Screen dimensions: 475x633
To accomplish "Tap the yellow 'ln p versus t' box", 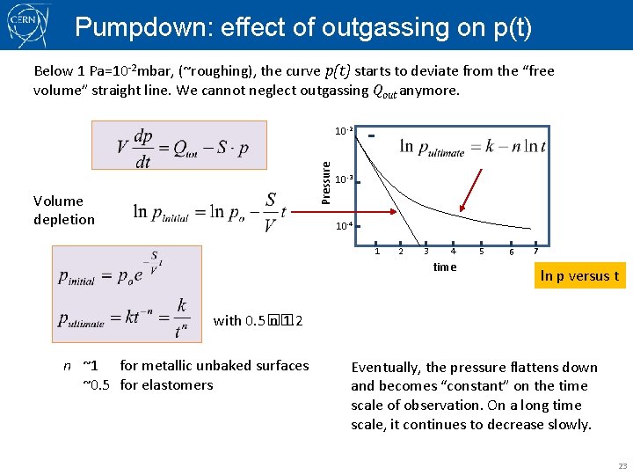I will tap(579, 276).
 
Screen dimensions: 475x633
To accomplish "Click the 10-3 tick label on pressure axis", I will tap(344, 179).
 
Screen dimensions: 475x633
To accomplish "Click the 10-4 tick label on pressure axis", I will tap(344, 226).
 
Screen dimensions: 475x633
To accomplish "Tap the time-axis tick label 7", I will tap(535, 252).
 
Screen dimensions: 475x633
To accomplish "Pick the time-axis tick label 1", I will tap(377, 252).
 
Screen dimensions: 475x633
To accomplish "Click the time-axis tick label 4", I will tap(453, 252).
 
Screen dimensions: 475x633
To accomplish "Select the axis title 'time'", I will tap(445, 267).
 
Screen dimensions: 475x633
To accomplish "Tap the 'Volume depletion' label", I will tap(63, 210).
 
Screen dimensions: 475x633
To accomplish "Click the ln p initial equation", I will tap(210, 212).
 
